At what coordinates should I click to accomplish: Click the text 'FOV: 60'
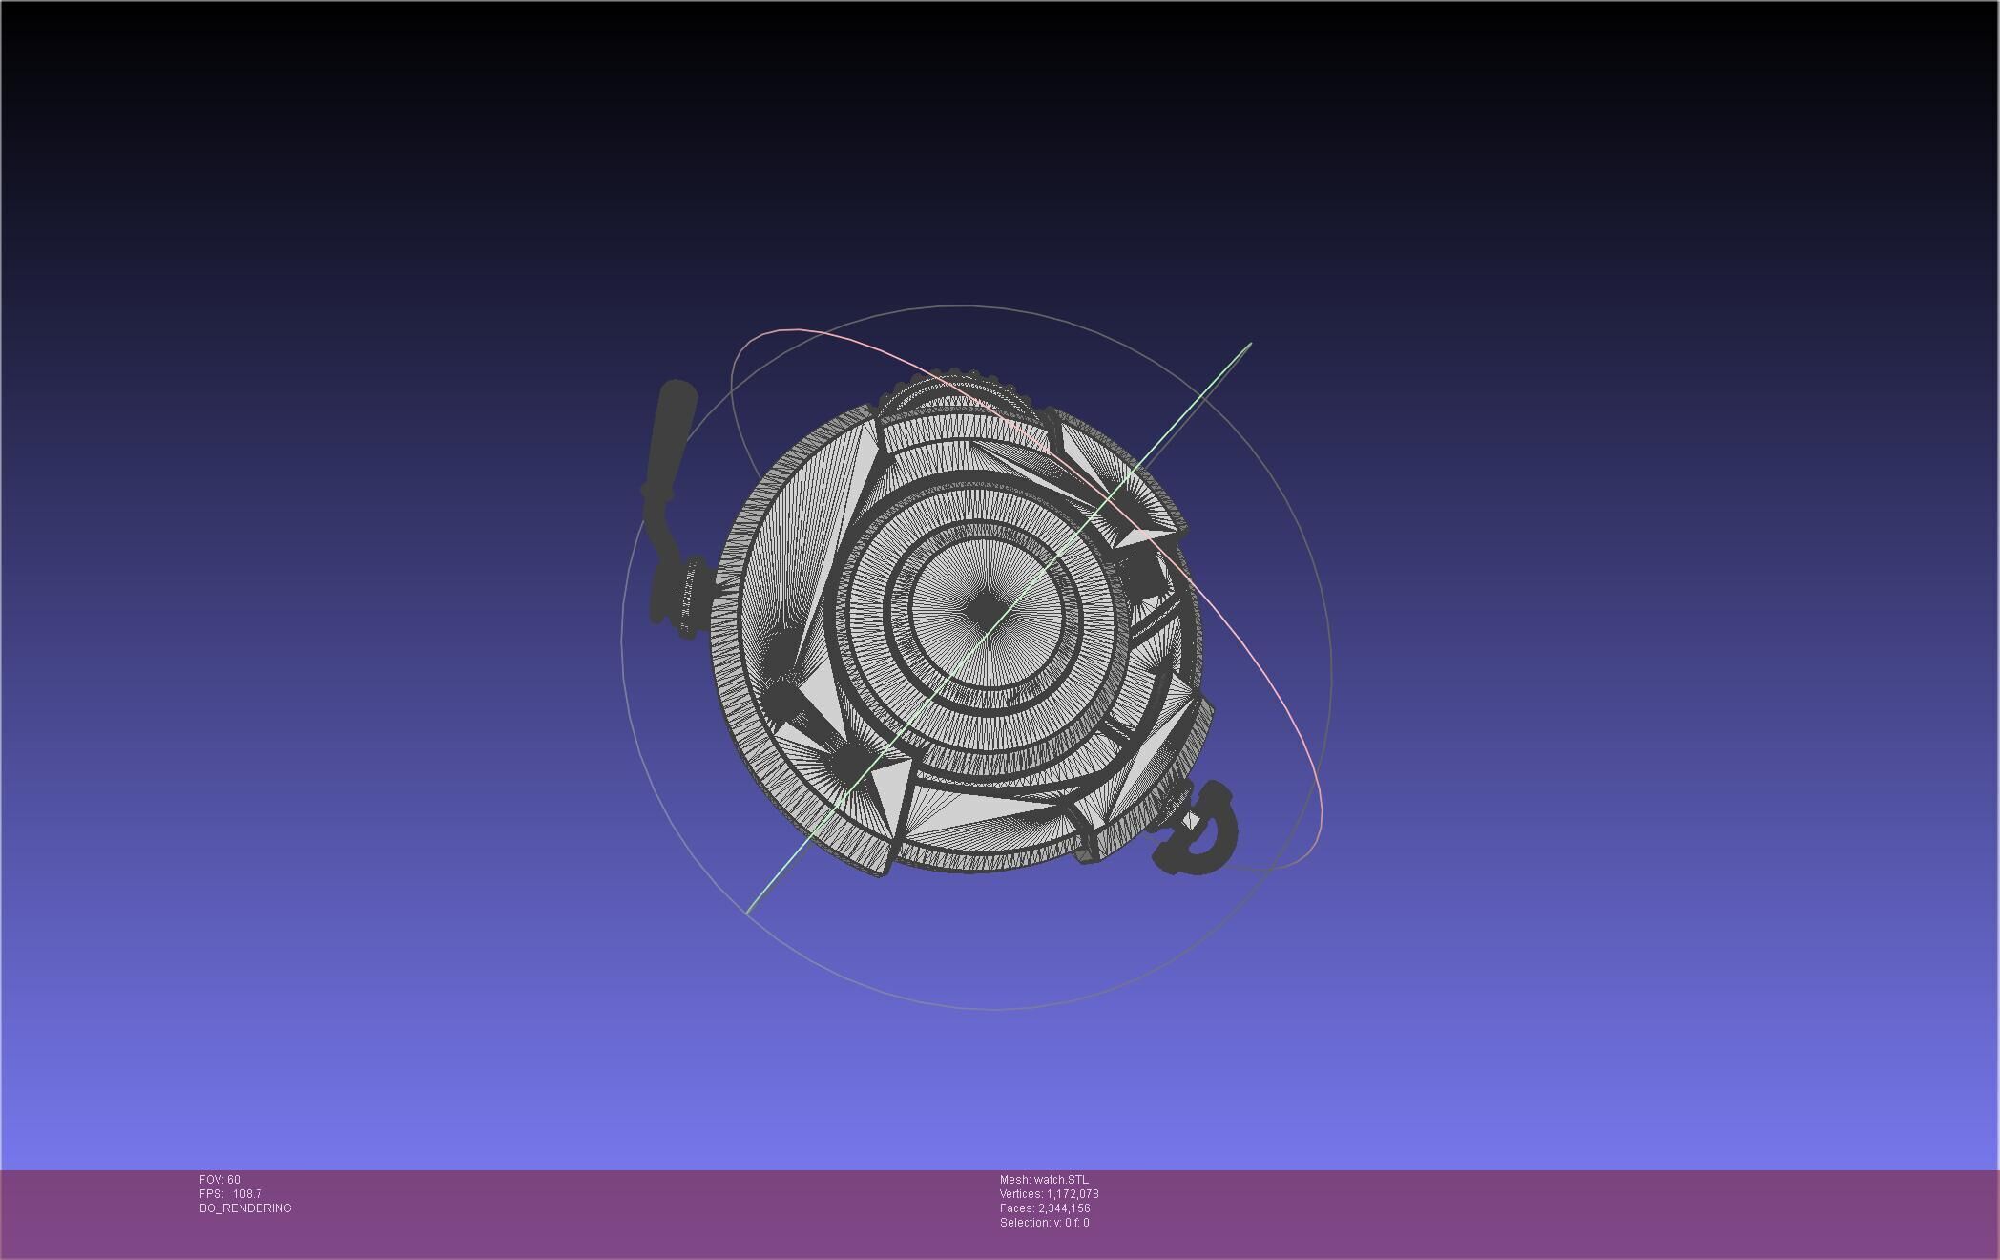pos(219,1180)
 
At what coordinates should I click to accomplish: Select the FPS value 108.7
pos(247,1194)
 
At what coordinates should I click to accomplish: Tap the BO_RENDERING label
pos(245,1208)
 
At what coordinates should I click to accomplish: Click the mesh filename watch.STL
pos(1060,1180)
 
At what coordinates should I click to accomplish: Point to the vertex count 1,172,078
pos(1073,1194)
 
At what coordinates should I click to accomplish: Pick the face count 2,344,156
pos(1064,1208)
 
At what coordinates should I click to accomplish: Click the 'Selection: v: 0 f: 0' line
pos(1044,1223)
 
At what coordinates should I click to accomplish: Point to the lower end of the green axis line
pos(748,912)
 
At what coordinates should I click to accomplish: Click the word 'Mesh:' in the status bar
pos(1014,1180)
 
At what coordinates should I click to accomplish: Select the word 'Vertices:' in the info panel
pos(1021,1194)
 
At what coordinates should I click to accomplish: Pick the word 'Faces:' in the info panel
pos(1017,1208)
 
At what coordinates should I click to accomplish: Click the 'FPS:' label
pos(211,1194)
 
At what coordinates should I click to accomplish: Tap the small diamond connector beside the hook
pos(1192,821)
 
